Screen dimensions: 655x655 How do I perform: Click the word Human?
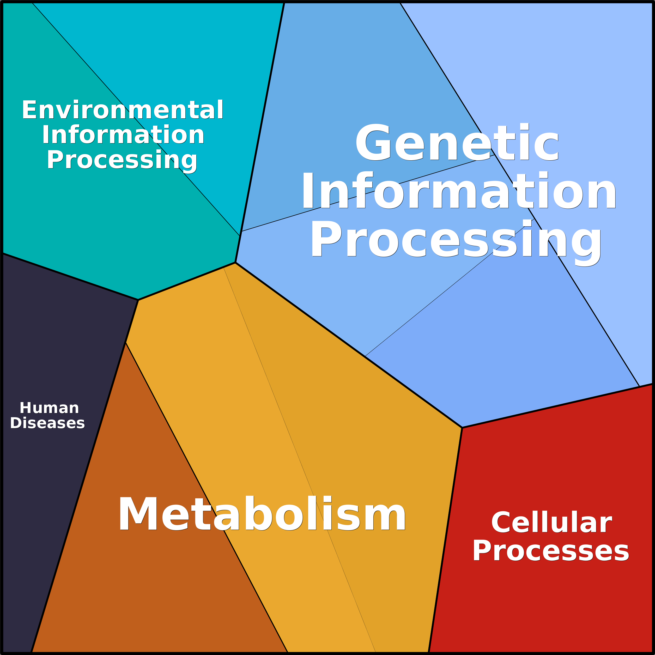(x=50, y=408)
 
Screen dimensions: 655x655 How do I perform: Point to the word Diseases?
(x=47, y=423)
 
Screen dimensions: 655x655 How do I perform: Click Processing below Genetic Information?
(x=456, y=240)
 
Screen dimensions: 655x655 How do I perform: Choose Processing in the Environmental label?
(x=122, y=160)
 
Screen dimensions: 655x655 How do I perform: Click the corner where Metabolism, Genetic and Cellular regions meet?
(x=462, y=428)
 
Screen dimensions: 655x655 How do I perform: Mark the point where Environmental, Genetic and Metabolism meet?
(x=235, y=262)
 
